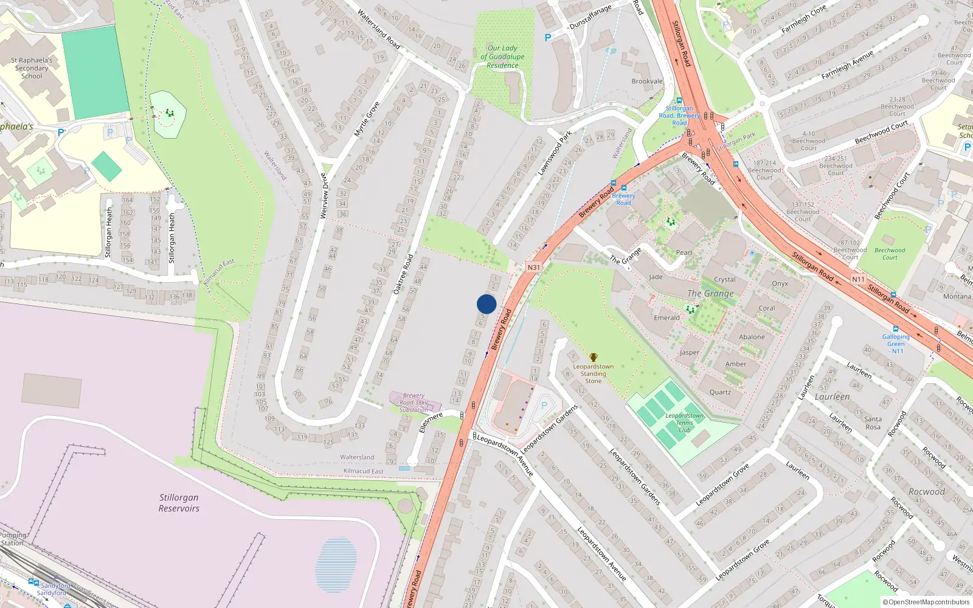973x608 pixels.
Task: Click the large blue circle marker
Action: point(486,304)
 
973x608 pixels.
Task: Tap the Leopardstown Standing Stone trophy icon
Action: point(593,358)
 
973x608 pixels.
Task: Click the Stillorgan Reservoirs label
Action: point(179,503)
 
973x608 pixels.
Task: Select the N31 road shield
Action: point(533,268)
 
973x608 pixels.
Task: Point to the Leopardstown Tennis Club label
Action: point(684,423)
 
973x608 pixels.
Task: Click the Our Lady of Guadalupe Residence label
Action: point(502,57)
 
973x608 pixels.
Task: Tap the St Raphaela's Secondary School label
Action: point(32,68)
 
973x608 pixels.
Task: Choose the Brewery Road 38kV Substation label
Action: point(414,402)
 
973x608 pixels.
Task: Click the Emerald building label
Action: point(667,318)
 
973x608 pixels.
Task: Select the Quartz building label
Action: point(720,392)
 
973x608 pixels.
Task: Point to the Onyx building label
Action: point(780,284)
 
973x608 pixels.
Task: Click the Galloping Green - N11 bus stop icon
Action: point(895,329)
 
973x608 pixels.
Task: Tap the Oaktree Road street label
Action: point(403,274)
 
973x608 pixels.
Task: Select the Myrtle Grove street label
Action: point(367,119)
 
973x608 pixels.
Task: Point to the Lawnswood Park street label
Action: point(555,154)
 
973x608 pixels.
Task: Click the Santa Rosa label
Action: point(873,423)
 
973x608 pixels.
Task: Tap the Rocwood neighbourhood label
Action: point(926,492)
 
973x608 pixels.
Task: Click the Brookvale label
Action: point(647,81)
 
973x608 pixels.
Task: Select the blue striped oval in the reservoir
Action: point(336,565)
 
